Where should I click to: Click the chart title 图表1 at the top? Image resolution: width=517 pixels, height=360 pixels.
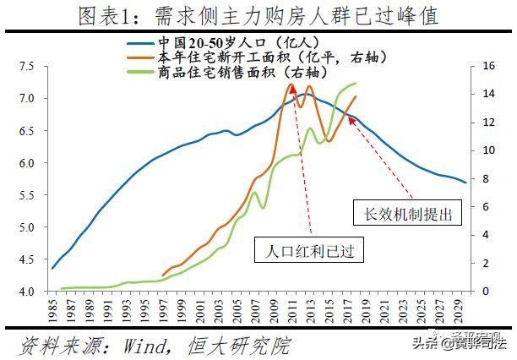(x=258, y=14)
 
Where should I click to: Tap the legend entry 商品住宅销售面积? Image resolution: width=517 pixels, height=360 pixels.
(x=223, y=72)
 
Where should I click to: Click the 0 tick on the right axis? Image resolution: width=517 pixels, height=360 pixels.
(x=484, y=292)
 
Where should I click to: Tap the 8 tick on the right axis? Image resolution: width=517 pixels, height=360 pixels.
(x=484, y=179)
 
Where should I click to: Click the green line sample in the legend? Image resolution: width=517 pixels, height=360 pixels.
(x=140, y=72)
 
